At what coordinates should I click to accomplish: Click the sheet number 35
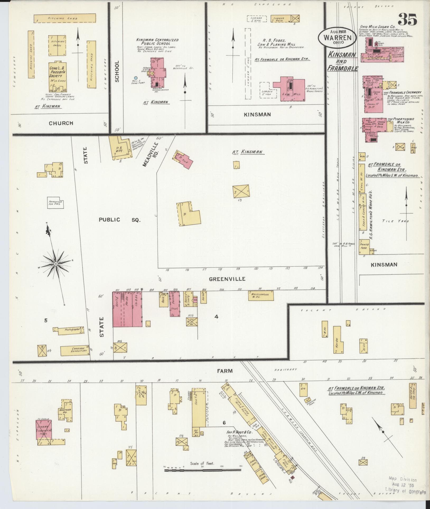point(407,19)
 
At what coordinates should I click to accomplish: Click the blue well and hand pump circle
point(136,78)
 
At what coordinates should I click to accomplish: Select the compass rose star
point(56,264)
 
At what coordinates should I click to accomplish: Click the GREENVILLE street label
point(227,279)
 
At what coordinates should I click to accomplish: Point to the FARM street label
point(225,371)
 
